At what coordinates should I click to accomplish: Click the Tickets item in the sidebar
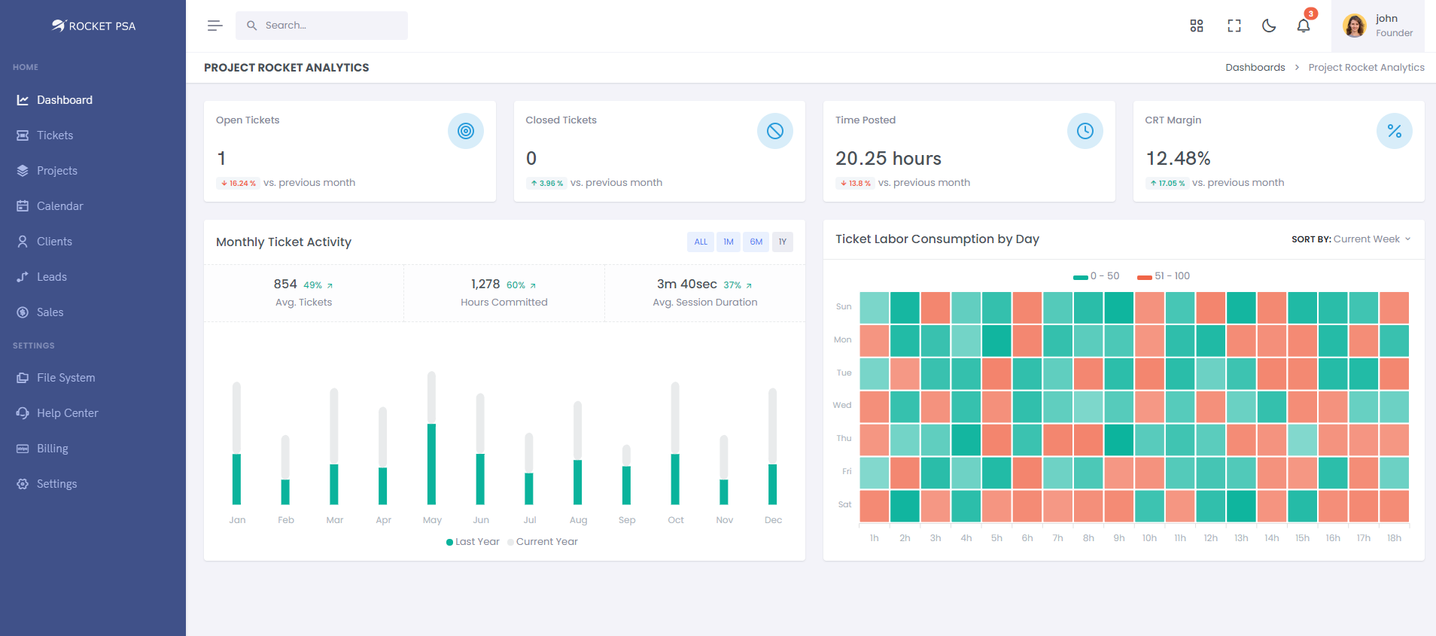coord(55,135)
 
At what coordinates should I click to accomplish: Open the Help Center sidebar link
coord(67,413)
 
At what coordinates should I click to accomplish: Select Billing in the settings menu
coord(52,449)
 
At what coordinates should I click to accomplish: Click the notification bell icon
coord(1304,26)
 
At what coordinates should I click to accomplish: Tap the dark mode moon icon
coord(1269,26)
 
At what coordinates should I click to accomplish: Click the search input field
coord(331,26)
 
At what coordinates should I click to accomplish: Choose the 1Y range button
coord(783,242)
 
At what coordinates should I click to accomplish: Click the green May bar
coord(431,464)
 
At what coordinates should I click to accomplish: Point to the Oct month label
coord(676,520)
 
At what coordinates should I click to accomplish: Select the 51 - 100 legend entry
coord(1164,276)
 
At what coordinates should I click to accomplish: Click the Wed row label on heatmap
coord(842,405)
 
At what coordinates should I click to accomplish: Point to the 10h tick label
coord(1149,538)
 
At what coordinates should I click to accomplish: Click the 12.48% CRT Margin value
coord(1178,159)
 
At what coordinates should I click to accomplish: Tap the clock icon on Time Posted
coord(1085,131)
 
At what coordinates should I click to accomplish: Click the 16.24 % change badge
coord(239,183)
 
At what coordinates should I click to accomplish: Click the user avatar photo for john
coord(1355,26)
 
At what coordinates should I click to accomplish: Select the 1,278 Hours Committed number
coord(485,285)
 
